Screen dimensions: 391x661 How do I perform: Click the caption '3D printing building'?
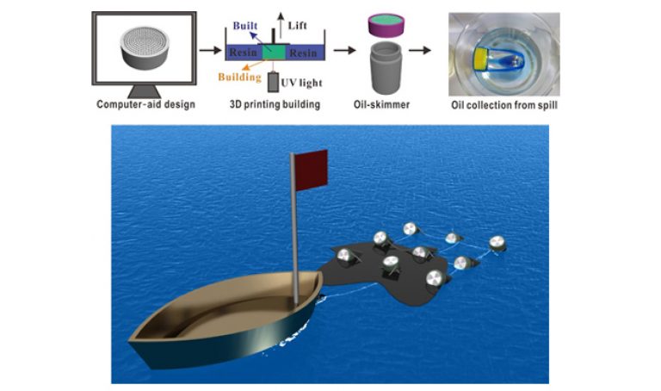tap(269, 106)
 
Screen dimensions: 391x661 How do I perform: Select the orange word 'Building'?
tap(241, 76)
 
